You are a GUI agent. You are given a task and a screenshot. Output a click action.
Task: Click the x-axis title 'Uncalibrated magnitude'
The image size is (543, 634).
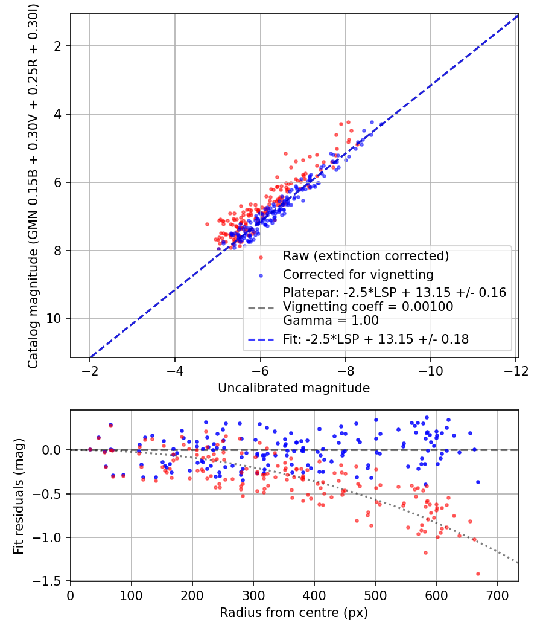[x=293, y=388]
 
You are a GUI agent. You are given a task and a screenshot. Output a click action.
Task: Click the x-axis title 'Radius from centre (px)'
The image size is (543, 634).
[x=293, y=613]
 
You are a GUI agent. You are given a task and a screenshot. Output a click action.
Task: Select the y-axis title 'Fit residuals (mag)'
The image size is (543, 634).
[x=19, y=495]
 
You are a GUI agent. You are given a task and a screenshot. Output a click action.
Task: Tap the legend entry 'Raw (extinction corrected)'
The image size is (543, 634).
[x=366, y=256]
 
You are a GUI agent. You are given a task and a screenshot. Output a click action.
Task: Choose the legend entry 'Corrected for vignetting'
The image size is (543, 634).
[x=358, y=275]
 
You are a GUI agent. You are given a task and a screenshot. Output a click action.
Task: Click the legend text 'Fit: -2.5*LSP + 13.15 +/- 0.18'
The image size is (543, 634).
[x=376, y=339]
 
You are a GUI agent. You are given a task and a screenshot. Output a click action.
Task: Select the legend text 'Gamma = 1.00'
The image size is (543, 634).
[x=331, y=321]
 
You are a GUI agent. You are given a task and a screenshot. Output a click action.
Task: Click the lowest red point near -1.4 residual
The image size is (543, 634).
[x=478, y=574]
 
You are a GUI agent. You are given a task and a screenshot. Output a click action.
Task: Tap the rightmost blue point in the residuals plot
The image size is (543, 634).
[x=478, y=482]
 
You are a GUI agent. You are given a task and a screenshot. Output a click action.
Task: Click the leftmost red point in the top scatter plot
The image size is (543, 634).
[x=207, y=224]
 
